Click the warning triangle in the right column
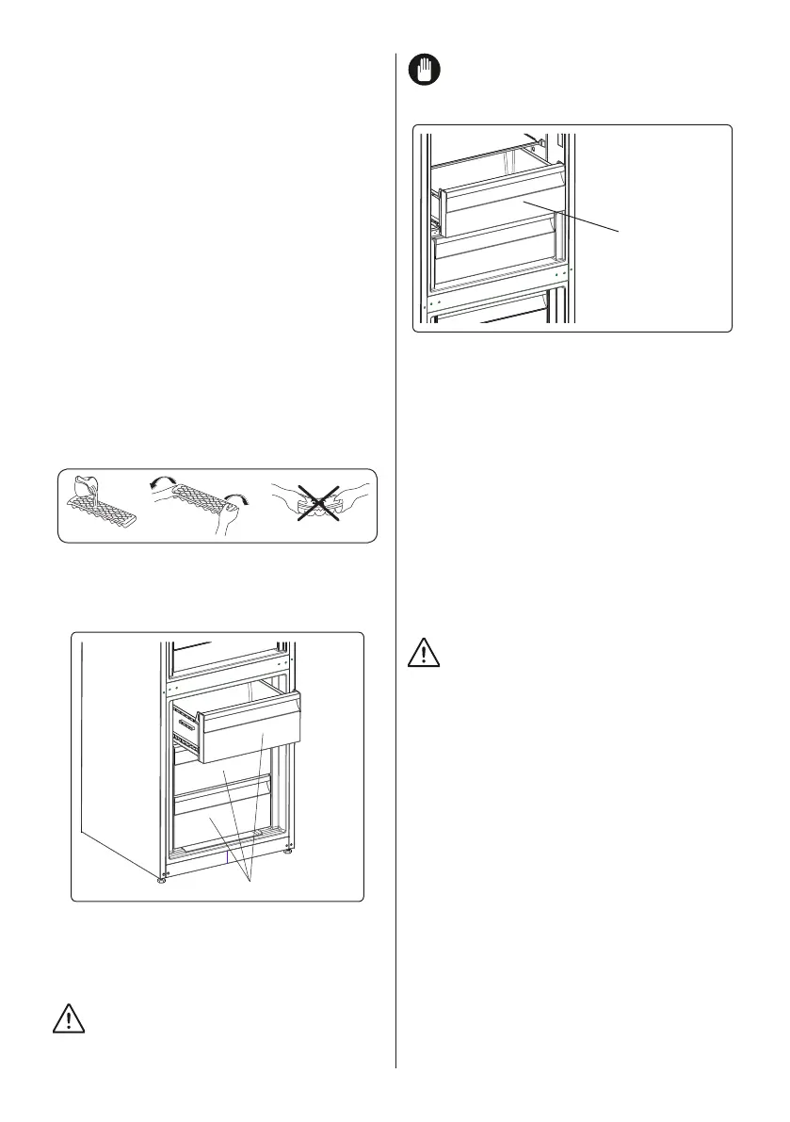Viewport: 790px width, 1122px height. coord(425,652)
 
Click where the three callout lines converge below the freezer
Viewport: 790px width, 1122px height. coord(250,880)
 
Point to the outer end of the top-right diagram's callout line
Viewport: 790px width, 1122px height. coord(621,231)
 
